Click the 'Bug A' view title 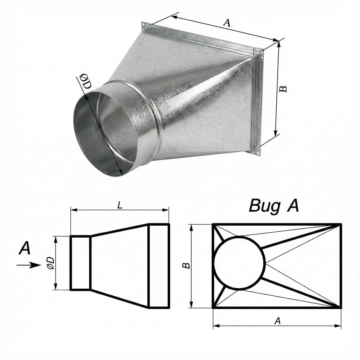pos(274,206)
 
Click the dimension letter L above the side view pos(120,205)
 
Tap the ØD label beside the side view pos(50,263)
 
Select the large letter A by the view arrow pos(25,248)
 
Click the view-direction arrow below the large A pos(29,265)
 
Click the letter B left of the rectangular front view pos(186,265)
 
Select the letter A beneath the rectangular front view pos(278,321)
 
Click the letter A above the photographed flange pos(227,23)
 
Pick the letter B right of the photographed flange pos(283,89)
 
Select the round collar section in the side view pos(80,263)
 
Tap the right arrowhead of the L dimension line pos(166,210)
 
